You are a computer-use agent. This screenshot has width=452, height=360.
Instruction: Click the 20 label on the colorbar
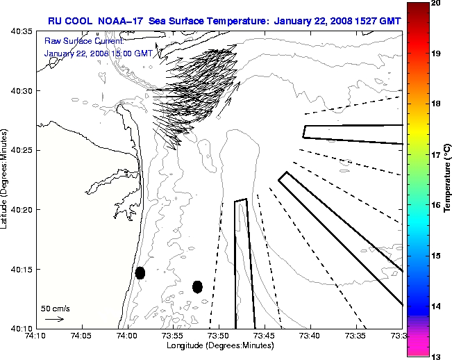coord(436,3)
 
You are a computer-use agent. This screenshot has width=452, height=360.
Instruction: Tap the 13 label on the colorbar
coord(436,356)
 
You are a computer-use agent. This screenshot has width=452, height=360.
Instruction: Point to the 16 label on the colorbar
coord(436,205)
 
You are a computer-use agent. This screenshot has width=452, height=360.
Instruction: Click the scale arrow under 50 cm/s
coord(54,319)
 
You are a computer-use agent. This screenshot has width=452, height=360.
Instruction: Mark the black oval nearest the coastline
coord(140,272)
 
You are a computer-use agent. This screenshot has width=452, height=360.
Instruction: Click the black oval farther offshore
coord(197,286)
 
